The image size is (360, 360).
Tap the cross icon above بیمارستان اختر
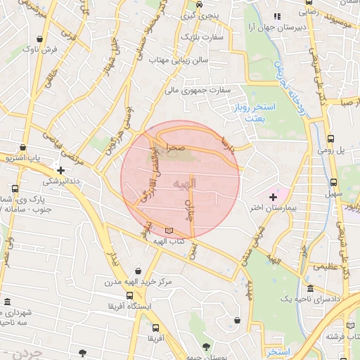(273, 198)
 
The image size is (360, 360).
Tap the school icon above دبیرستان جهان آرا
(278, 15)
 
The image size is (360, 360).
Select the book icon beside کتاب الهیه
(168, 231)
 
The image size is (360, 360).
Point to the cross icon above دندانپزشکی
(61, 169)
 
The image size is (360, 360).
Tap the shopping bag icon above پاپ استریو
(25, 148)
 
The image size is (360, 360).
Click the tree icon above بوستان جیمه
(205, 346)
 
